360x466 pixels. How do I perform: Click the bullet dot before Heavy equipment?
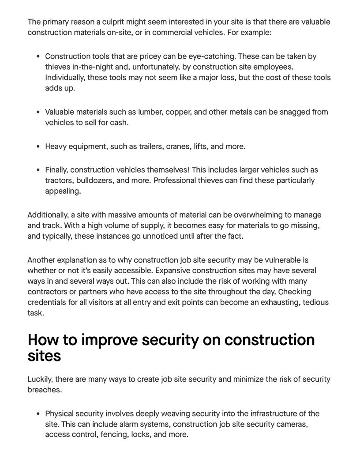click(x=39, y=147)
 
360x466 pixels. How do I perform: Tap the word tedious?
click(x=315, y=303)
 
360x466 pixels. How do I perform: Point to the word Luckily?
click(x=40, y=380)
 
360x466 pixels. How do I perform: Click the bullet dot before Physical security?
click(x=39, y=414)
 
